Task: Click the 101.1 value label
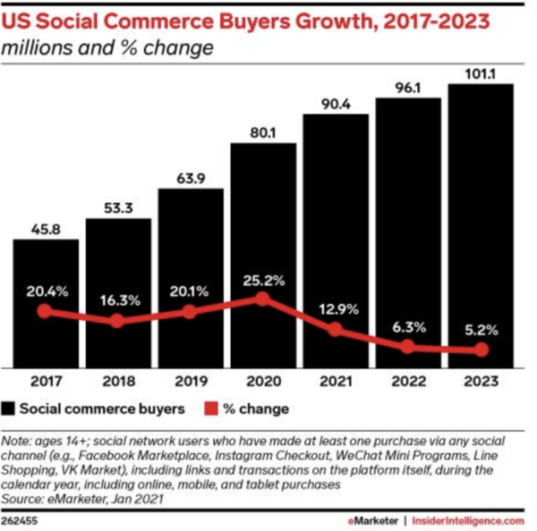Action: click(481, 73)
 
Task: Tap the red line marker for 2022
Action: click(408, 346)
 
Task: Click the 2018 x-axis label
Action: click(118, 379)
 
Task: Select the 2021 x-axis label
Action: click(336, 379)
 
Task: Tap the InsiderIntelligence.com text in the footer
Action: click(467, 518)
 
